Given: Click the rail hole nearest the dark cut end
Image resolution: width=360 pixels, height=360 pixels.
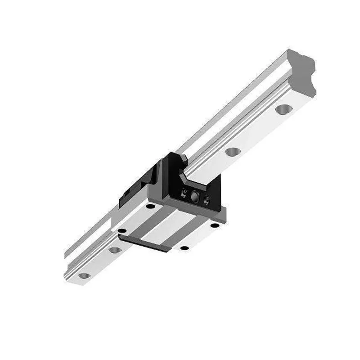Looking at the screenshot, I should [283, 109].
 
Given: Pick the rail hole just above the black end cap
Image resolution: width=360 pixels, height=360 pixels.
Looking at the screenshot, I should [232, 152].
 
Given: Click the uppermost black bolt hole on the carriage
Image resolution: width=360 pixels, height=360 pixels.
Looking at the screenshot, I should [150, 206].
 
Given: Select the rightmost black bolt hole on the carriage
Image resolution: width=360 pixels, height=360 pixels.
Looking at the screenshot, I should [215, 225].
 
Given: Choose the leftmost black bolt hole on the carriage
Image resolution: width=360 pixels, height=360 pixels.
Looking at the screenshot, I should [121, 230].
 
